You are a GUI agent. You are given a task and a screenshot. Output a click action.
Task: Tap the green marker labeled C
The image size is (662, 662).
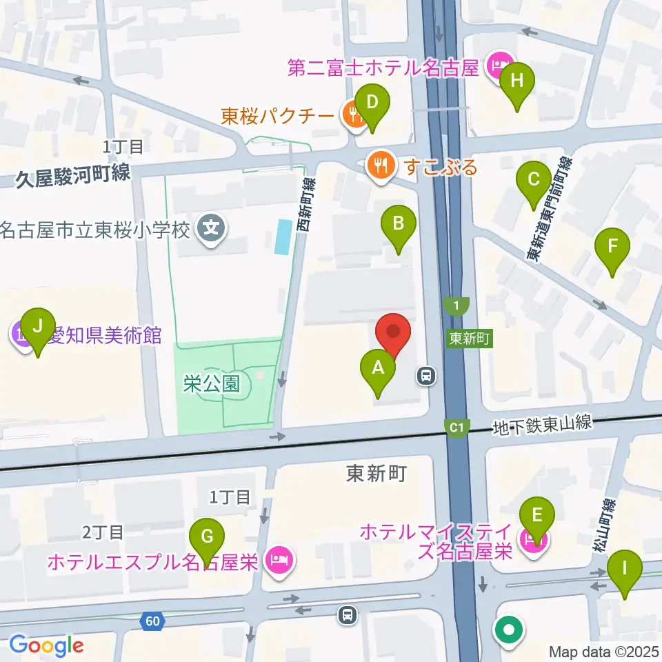pyautogui.click(x=534, y=181)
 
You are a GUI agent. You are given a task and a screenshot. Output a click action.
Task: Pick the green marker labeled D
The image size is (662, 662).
pyautogui.click(x=372, y=104)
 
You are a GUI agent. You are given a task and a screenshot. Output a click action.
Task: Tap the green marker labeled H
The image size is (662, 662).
pyautogui.click(x=517, y=82)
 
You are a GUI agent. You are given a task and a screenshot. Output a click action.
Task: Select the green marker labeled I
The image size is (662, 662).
pyautogui.click(x=625, y=570)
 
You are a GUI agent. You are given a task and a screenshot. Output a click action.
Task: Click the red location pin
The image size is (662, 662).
pyautogui.click(x=393, y=332)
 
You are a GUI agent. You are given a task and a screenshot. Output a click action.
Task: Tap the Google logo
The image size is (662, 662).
pyautogui.click(x=46, y=645)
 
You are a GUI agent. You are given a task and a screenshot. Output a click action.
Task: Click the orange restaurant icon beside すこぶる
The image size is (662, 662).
pyautogui.click(x=381, y=165)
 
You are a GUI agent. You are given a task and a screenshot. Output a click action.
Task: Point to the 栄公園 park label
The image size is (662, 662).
pyautogui.click(x=212, y=383)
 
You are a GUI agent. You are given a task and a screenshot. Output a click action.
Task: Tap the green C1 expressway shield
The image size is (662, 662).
pyautogui.click(x=456, y=428)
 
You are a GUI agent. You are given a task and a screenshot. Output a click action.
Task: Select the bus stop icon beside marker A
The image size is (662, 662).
pyautogui.click(x=426, y=376)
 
